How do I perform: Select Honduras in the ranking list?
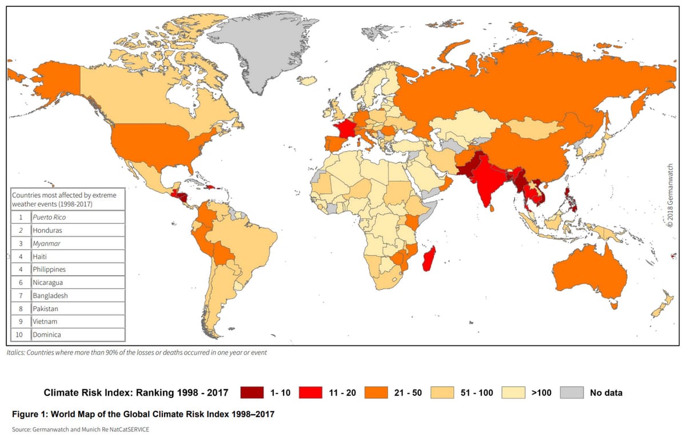pyautogui.click(x=47, y=230)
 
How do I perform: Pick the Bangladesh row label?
pyautogui.click(x=50, y=296)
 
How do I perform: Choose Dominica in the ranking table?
pyautogui.click(x=47, y=335)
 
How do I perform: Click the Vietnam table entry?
pyautogui.click(x=45, y=321)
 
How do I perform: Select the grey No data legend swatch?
pyautogui.click(x=572, y=392)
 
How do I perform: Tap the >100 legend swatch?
pyautogui.click(x=514, y=392)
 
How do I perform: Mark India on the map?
pyautogui.click(x=485, y=183)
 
